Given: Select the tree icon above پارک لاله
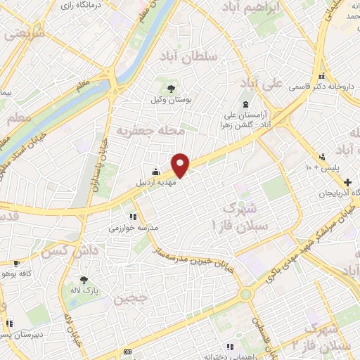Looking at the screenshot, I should pyautogui.click(x=84, y=278).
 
